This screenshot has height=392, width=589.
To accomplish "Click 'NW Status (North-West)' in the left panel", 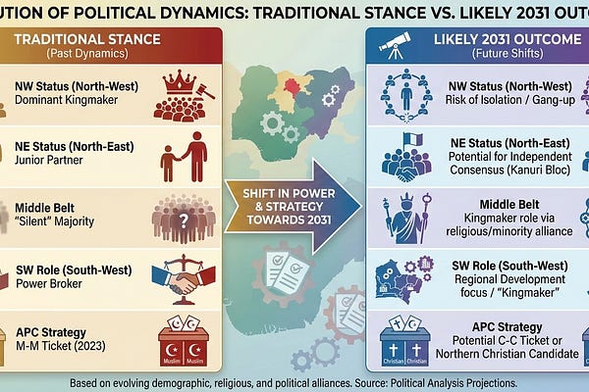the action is coord(76,85).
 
